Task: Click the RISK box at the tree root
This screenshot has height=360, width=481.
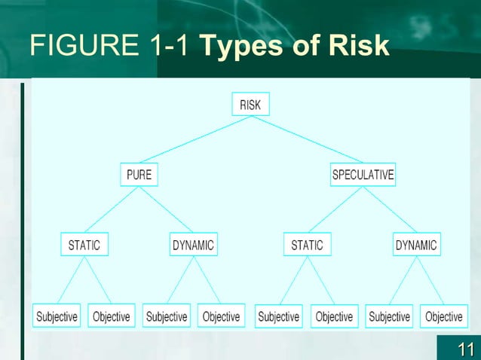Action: pyautogui.click(x=250, y=105)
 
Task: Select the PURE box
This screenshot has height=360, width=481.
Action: pyautogui.click(x=139, y=175)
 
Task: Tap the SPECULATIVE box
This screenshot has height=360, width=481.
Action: pyautogui.click(x=363, y=175)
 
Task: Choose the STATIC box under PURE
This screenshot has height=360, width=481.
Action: pyautogui.click(x=84, y=245)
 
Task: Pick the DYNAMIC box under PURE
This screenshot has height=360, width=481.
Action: pyautogui.click(x=193, y=245)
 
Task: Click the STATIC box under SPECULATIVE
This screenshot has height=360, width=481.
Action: pyautogui.click(x=307, y=245)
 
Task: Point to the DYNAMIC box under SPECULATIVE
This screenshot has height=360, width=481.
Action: pyautogui.click(x=415, y=245)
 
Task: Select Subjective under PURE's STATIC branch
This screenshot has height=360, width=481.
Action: pyautogui.click(x=57, y=316)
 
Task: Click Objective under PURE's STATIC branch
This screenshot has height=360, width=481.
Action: pyautogui.click(x=112, y=316)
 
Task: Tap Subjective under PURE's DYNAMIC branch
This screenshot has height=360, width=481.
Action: pyautogui.click(x=167, y=316)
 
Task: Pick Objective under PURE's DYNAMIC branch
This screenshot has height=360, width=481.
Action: pyautogui.click(x=222, y=316)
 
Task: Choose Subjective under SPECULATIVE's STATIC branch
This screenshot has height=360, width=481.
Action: pyautogui.click(x=278, y=316)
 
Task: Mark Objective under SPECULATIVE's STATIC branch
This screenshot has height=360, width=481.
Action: pyautogui.click(x=334, y=316)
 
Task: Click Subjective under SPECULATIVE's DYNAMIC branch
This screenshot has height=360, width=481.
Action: pyautogui.click(x=389, y=316)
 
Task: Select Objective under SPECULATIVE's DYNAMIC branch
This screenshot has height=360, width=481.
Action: pyautogui.click(x=443, y=316)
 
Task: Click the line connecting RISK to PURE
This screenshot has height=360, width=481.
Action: pyautogui.click(x=195, y=139)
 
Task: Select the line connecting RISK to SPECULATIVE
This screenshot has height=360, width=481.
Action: pyautogui.click(x=306, y=139)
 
